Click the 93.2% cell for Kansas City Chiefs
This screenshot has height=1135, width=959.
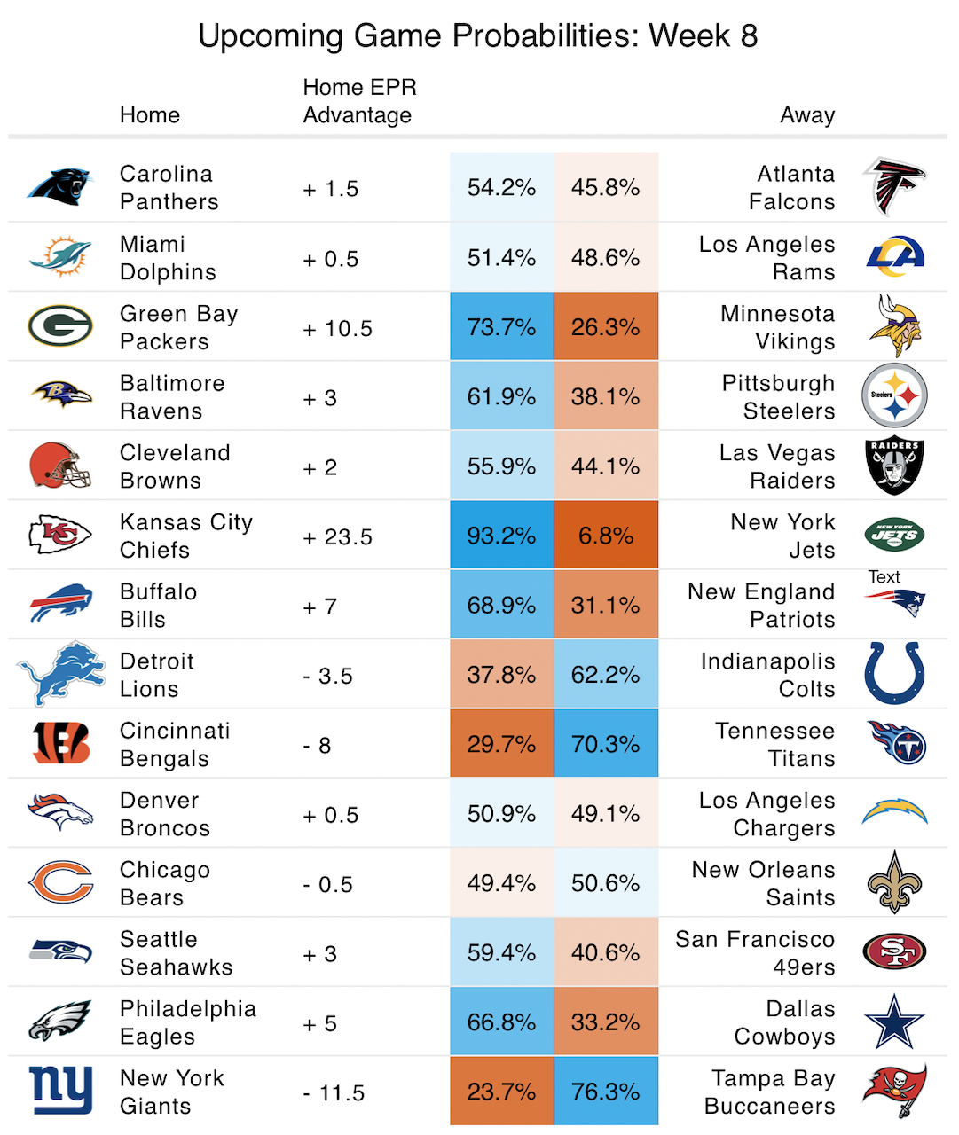(501, 536)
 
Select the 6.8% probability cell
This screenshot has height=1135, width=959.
(606, 536)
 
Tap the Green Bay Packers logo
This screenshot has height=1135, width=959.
(60, 326)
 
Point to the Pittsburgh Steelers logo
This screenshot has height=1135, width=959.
(894, 396)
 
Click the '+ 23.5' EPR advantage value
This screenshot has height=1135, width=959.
(338, 537)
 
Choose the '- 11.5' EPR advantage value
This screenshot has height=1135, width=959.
(334, 1093)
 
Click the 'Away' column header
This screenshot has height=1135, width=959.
(807, 115)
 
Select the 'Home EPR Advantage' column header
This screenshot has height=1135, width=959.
(359, 101)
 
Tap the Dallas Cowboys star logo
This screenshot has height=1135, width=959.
(894, 1022)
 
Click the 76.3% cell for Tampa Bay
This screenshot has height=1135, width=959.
(606, 1092)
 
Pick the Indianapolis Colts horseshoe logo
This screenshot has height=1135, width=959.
(894, 674)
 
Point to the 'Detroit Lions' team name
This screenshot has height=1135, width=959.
(157, 675)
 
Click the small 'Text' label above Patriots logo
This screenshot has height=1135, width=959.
(884, 577)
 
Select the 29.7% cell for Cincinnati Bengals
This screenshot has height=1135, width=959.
(501, 744)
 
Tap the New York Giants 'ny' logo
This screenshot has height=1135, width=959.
(60, 1090)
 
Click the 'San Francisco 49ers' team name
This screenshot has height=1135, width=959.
(755, 953)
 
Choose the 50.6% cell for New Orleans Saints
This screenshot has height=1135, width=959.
(606, 883)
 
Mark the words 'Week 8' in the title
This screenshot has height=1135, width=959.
(703, 36)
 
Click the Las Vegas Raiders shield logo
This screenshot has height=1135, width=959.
(894, 466)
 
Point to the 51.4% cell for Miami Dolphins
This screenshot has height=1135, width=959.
(501, 258)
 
